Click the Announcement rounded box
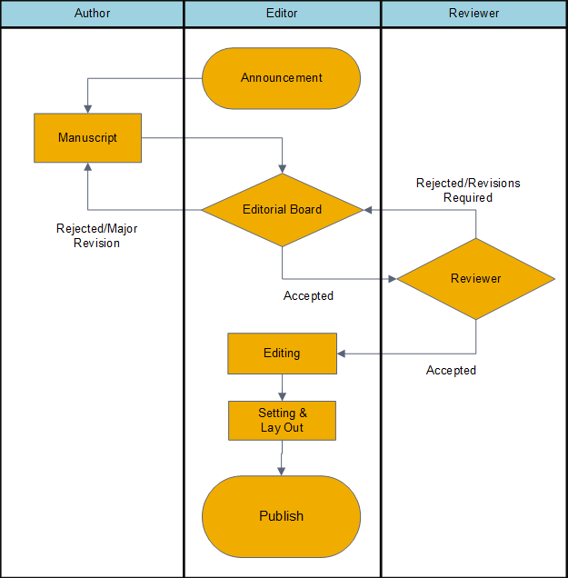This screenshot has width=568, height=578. (281, 78)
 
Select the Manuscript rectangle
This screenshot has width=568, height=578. (88, 138)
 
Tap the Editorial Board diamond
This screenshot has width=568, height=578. (283, 210)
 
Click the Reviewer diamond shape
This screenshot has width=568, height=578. (476, 279)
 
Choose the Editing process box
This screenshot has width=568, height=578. (283, 354)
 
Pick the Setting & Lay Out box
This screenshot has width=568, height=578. (283, 421)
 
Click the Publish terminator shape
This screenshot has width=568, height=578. (281, 516)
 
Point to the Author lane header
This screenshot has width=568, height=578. (92, 14)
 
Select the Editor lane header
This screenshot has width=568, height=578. (282, 14)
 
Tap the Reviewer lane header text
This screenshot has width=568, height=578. (474, 14)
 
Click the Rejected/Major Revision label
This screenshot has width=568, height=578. (96, 236)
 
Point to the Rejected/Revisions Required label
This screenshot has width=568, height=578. (468, 190)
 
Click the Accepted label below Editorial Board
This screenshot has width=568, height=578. (308, 296)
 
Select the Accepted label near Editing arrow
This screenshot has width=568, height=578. (451, 371)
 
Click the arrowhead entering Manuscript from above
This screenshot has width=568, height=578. (88, 109)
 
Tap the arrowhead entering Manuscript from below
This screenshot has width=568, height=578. (88, 167)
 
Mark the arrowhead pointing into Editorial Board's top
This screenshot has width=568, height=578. (283, 169)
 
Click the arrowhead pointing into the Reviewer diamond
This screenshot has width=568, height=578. (393, 279)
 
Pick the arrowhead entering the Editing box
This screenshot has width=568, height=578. (342, 354)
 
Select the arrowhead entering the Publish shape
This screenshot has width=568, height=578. (281, 472)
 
